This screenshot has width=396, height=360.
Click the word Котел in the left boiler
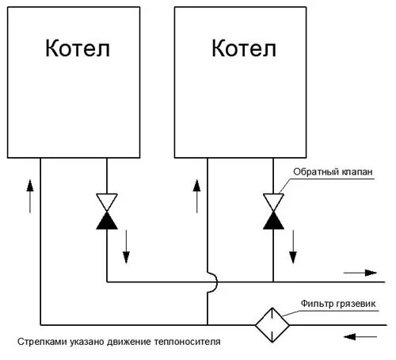tap(77, 49)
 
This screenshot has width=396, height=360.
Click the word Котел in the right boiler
tap(244, 49)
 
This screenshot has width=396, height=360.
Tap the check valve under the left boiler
tap(106, 210)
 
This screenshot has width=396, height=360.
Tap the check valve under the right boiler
tap(273, 210)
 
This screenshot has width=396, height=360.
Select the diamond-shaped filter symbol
tap(271, 324)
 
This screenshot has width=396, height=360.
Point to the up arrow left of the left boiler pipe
tap(30, 195)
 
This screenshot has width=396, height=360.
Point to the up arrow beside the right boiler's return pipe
tap(196, 195)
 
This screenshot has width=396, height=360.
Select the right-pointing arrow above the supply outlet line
tap(361, 272)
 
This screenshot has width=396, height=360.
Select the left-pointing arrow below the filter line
tap(361, 335)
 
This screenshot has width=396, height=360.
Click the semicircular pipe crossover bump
tap(211, 281)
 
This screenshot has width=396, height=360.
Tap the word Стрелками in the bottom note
tap(40, 343)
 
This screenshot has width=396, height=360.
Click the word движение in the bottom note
tap(130, 343)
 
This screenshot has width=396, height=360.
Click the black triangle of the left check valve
tap(106, 220)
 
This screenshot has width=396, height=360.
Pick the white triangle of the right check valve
tap(273, 201)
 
